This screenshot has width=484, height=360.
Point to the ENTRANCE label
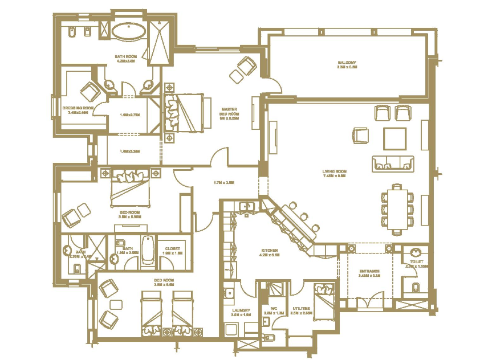tap(369, 271)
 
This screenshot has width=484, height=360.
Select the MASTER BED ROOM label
tap(230, 113)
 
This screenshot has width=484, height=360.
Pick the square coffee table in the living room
tap(394, 138)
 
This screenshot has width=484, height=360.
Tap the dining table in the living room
tap(398, 208)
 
